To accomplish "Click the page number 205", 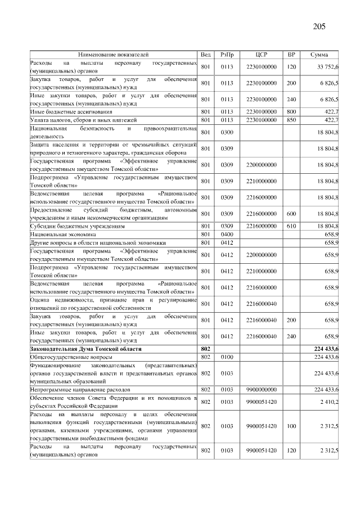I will (x=318, y=26).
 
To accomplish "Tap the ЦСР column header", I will (x=261, y=55).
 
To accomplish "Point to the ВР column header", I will (x=291, y=55).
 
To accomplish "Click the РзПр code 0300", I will (x=227, y=133).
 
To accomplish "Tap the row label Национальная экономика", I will (x=64, y=234).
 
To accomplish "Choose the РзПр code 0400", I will (x=227, y=234).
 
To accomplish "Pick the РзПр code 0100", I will (x=227, y=357).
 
